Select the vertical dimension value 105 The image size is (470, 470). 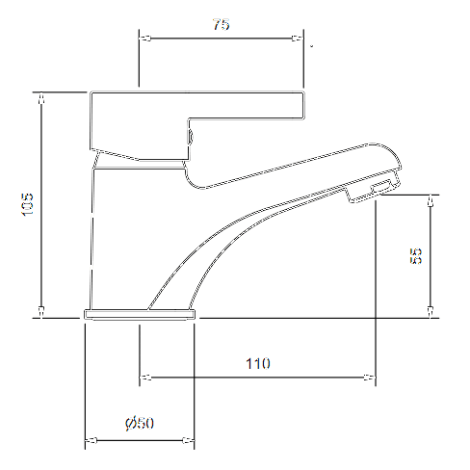(28, 204)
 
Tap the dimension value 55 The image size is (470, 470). (416, 256)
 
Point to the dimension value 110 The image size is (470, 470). (257, 363)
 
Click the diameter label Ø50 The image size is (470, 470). (141, 424)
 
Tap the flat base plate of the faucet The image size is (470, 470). (140, 314)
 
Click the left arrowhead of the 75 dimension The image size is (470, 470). (145, 40)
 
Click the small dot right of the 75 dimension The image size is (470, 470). (311, 44)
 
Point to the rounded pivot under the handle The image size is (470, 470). (193, 138)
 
